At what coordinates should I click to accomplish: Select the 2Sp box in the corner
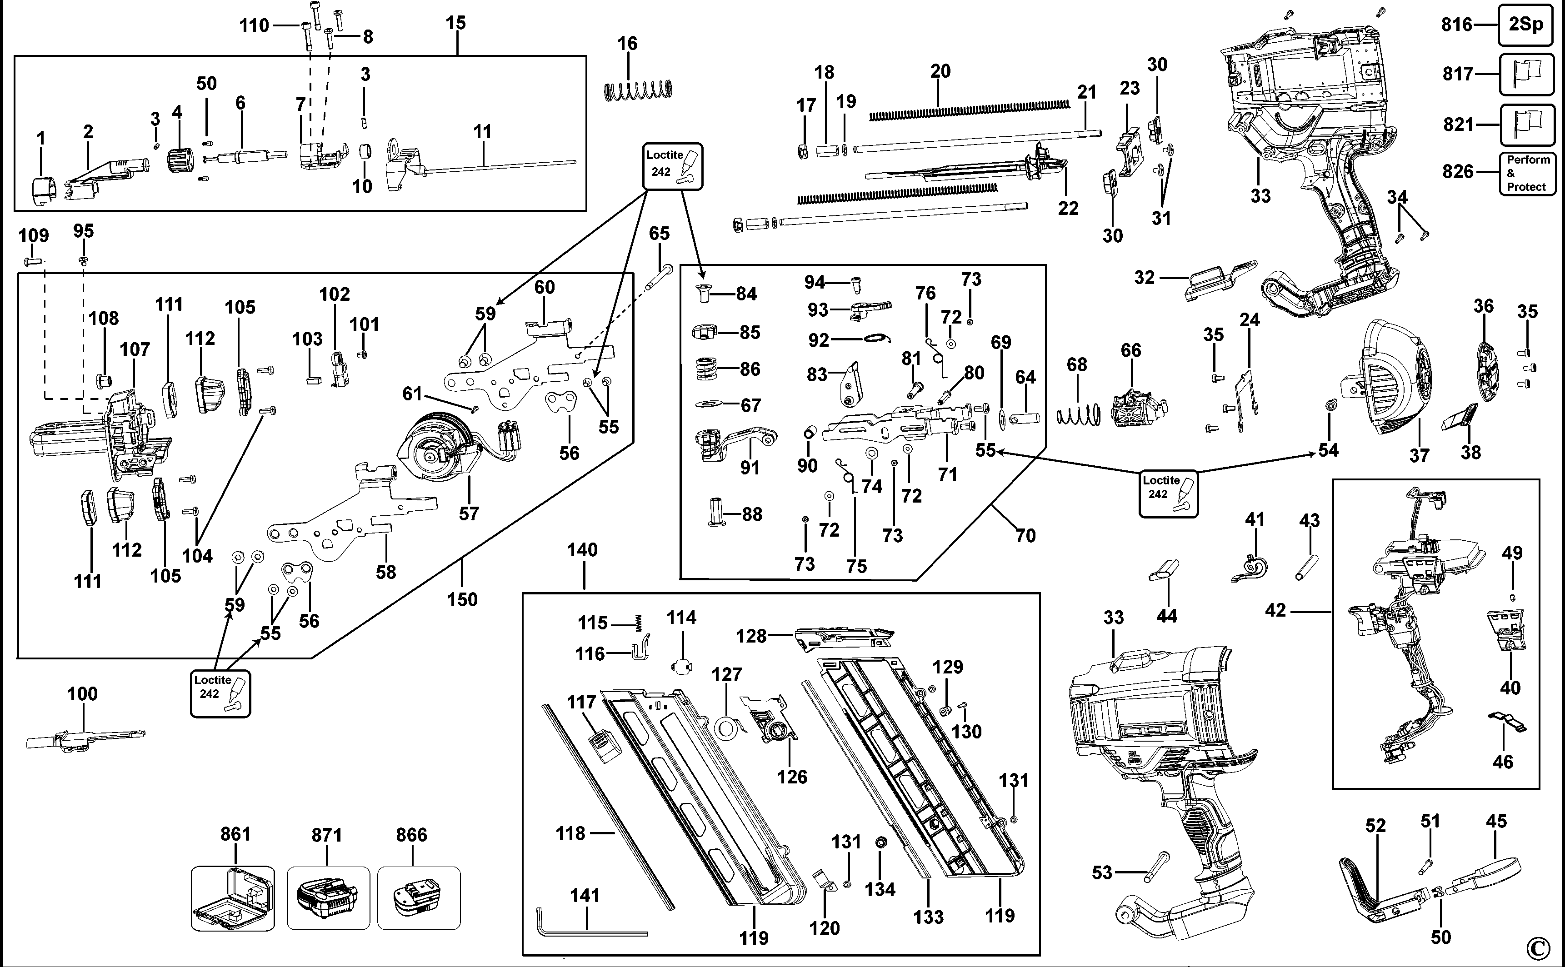1526,24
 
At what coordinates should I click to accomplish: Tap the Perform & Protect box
1527,173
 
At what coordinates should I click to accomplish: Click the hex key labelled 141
588,931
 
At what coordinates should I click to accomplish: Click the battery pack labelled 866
419,898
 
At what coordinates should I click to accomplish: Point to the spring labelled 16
638,90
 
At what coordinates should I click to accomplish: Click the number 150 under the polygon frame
462,599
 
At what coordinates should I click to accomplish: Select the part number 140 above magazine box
582,549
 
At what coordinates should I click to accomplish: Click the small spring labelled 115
638,622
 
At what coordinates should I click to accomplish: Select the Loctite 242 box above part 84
673,166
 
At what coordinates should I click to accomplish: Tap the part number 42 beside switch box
1275,610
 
